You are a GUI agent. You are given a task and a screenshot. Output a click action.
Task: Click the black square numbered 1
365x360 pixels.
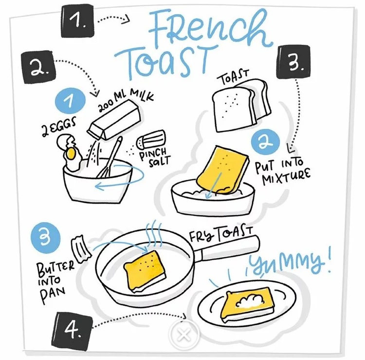pyautogui.click(x=77, y=21)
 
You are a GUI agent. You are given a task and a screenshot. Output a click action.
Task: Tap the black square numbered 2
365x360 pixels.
pyautogui.click(x=38, y=67)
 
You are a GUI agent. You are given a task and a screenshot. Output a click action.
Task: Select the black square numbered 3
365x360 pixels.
pyautogui.click(x=294, y=61)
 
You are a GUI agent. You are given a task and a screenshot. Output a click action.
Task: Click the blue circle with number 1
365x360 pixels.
pyautogui.click(x=70, y=101)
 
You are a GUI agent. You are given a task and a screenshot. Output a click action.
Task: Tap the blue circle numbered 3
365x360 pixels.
pyautogui.click(x=46, y=237)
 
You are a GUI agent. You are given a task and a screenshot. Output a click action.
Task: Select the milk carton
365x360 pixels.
pyautogui.click(x=114, y=121)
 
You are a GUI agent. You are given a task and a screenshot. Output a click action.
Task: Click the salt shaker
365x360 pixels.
pyautogui.click(x=151, y=139)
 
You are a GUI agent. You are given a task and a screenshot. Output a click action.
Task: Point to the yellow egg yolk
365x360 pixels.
pyautogui.click(x=71, y=153)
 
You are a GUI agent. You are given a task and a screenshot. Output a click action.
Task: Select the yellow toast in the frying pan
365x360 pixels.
pyautogui.click(x=145, y=271)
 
